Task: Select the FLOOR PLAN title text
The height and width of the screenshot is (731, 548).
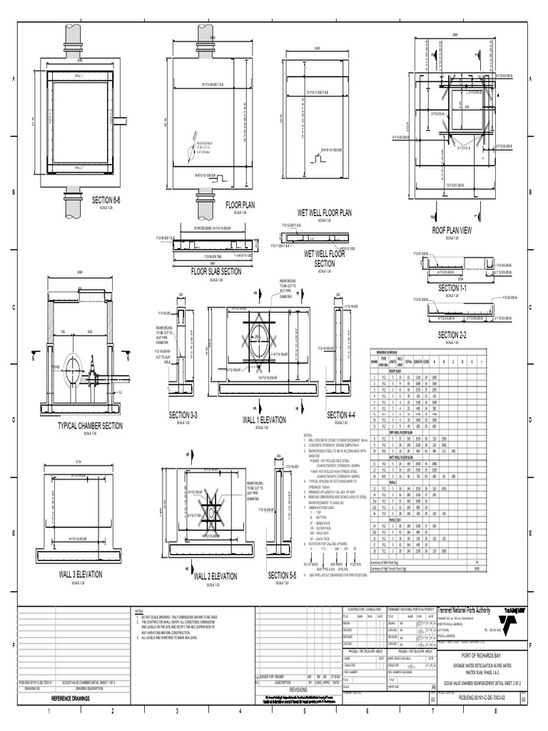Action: (x=240, y=205)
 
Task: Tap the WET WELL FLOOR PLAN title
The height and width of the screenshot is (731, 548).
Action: (x=325, y=212)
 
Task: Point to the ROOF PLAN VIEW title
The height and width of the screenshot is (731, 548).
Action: (x=452, y=230)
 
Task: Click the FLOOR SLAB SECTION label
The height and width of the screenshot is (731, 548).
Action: (x=215, y=271)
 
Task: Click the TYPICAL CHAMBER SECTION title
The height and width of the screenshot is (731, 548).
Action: (x=90, y=425)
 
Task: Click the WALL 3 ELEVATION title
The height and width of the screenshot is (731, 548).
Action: (x=81, y=574)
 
